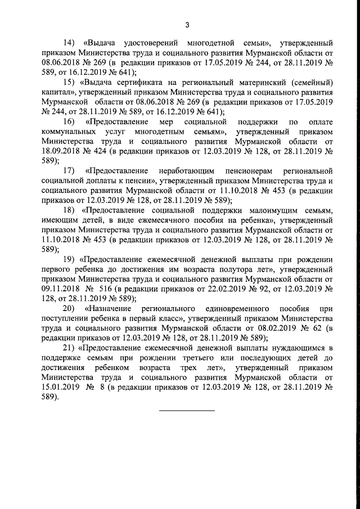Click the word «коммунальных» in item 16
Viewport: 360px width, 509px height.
pos(66,131)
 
